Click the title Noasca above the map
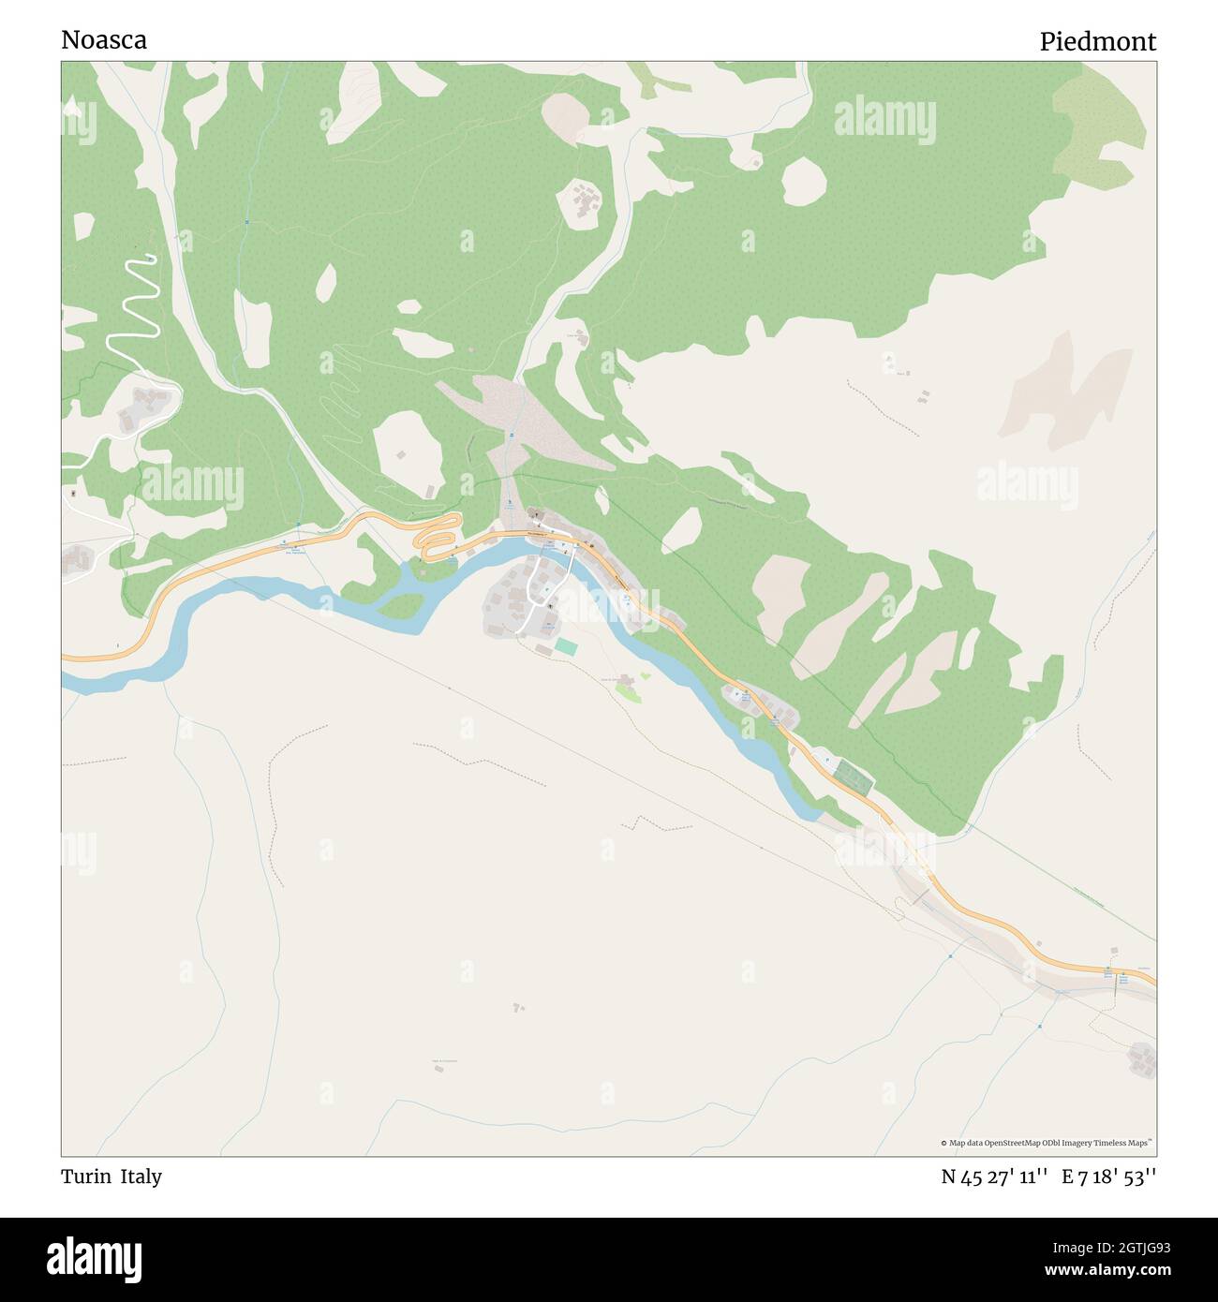coord(104,40)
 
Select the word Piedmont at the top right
coord(1097,41)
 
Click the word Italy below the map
coord(141,1176)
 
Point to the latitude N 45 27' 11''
coord(993,1176)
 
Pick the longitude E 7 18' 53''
coord(1108,1176)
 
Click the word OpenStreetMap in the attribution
coord(1017,1143)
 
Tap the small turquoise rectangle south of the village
coord(566,646)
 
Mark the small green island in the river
coord(400,607)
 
